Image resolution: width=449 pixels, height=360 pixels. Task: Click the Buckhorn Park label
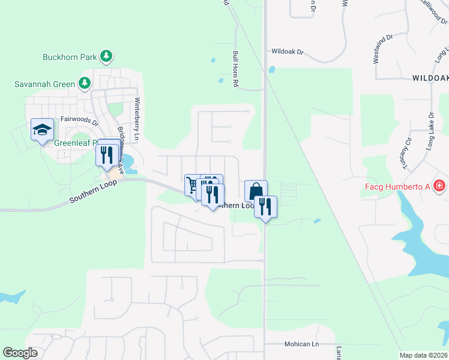(70, 58)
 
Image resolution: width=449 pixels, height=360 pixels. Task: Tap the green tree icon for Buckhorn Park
(106, 56)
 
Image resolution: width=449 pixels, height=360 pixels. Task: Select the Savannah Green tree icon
(85, 83)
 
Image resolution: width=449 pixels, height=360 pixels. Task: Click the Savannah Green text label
(45, 84)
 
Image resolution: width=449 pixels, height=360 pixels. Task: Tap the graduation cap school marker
(43, 130)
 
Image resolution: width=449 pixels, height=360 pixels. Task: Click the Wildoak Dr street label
(288, 52)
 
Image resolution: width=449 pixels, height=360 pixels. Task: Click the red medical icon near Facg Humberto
(440, 186)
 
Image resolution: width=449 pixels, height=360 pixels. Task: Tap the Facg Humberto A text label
(397, 186)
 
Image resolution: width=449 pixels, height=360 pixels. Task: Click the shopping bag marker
(256, 191)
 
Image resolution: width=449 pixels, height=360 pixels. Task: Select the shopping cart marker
(192, 185)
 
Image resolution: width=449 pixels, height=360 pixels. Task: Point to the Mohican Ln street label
(301, 344)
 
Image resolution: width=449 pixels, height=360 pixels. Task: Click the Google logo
(20, 353)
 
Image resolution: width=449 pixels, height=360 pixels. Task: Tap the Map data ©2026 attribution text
(423, 355)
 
